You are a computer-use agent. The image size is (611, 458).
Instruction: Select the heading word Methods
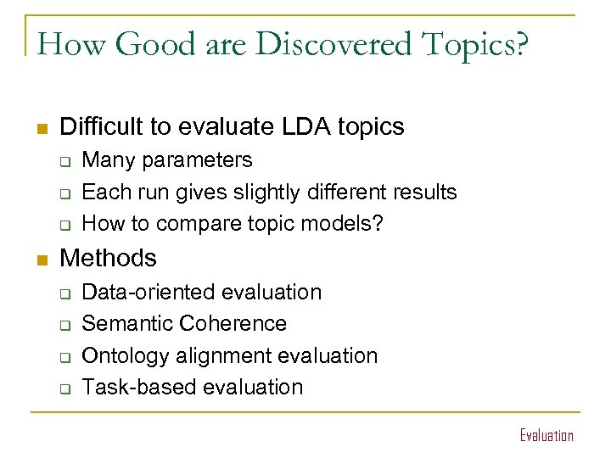(109, 258)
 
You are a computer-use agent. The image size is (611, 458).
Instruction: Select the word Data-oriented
(149, 293)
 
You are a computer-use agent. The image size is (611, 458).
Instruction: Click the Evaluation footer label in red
(546, 435)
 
